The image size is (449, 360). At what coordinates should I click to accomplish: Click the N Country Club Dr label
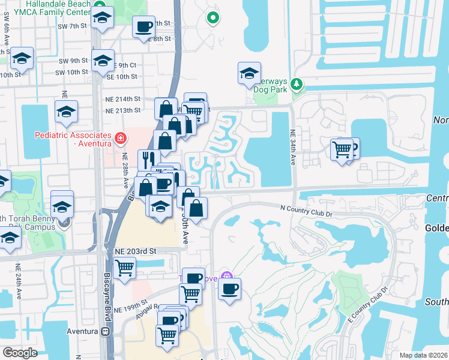315,207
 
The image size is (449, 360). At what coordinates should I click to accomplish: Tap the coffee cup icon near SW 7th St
143,27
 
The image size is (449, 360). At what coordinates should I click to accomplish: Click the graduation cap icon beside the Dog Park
249,73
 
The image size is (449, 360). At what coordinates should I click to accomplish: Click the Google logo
20,353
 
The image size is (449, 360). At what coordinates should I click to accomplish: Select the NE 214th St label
123,99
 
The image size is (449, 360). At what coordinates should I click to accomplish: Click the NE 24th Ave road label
18,282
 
